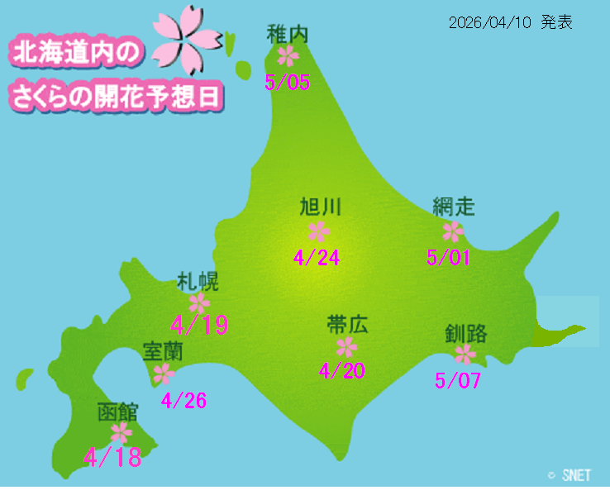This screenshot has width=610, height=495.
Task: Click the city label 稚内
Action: (288, 33)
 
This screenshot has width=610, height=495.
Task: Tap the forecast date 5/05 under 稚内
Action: (288, 82)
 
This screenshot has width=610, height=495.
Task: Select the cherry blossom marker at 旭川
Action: (318, 231)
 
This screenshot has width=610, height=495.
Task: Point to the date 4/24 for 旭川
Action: (317, 258)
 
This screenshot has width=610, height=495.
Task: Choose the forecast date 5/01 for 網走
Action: (449, 258)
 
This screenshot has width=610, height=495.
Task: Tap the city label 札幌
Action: (198, 281)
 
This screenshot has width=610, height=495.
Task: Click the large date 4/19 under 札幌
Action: (199, 325)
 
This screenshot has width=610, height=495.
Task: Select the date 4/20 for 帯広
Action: (342, 371)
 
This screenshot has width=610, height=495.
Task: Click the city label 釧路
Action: (466, 334)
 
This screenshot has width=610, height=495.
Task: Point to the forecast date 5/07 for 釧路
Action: (457, 381)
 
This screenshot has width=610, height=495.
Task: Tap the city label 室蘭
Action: (163, 351)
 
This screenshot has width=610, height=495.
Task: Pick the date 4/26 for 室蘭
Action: (183, 401)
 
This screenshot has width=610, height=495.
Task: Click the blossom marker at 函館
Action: (122, 432)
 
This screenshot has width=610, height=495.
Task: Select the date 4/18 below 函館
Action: (113, 457)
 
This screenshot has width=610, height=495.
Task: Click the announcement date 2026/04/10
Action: (488, 23)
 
